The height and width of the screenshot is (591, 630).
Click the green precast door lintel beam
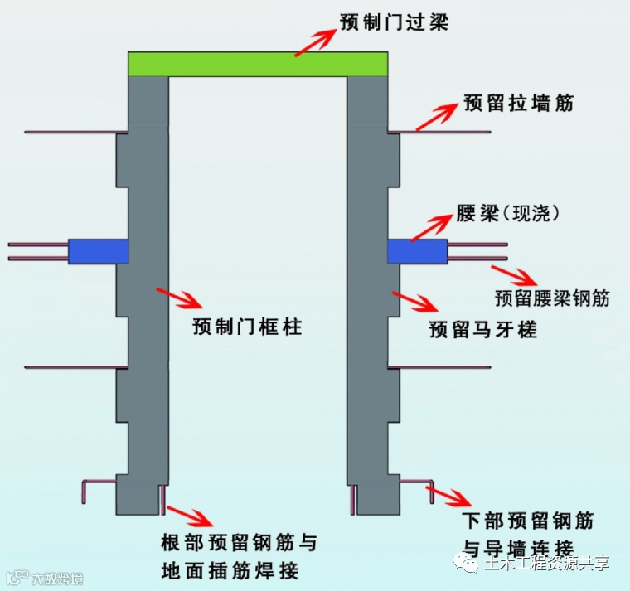(x=258, y=64)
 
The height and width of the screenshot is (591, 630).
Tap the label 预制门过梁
(x=394, y=22)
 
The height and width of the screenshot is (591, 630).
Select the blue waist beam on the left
(x=98, y=251)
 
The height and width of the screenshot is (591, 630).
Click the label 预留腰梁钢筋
(x=552, y=298)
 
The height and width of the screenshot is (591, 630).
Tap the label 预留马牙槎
(x=482, y=331)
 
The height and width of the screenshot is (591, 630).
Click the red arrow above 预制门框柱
(x=177, y=297)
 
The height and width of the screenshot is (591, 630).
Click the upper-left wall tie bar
(x=75, y=132)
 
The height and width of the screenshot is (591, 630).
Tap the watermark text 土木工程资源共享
(x=546, y=564)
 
